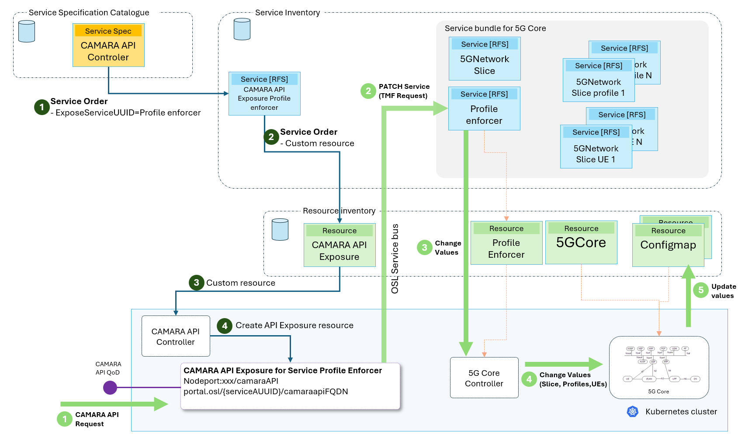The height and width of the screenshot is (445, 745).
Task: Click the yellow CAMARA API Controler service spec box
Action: pos(108,45)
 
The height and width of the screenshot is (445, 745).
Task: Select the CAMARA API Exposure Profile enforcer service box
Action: pos(264,94)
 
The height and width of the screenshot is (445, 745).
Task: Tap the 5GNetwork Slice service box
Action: pos(485,59)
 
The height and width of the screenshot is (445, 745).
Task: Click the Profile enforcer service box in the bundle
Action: pos(484,109)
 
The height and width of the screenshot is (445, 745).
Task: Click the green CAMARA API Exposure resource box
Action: pos(340,245)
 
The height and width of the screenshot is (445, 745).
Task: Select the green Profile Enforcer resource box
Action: pos(506,243)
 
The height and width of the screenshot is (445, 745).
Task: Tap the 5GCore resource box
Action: pos(581,242)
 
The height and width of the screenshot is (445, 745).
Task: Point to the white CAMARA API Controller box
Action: pos(176,336)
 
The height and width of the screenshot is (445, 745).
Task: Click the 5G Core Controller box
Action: pos(484,378)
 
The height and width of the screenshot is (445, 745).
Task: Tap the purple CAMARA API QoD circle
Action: pos(110,387)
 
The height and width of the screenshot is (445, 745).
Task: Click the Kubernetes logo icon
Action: pos(633,411)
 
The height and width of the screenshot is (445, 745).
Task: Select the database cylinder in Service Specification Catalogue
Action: pos(27,32)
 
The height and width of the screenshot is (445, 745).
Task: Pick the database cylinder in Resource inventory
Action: pos(280,230)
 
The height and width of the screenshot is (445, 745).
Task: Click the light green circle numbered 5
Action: pos(701,290)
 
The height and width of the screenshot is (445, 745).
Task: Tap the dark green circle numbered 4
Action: pos(225,326)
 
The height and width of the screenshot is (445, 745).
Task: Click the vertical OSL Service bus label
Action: pos(395,259)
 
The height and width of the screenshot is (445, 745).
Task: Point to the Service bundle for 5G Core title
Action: pos(495,28)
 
